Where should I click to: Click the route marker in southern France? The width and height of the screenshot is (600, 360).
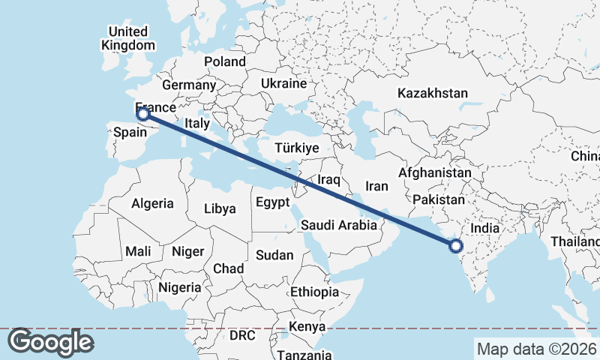[x=144, y=114]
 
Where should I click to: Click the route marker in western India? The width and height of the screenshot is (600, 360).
[x=454, y=244]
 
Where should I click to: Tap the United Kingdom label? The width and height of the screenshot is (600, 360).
[x=127, y=38]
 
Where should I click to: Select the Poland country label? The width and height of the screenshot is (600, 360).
[x=224, y=61]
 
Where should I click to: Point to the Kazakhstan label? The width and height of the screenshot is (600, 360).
[x=433, y=94]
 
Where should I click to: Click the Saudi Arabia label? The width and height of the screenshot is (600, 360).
[x=338, y=225]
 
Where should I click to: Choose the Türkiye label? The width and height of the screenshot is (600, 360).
[x=297, y=148]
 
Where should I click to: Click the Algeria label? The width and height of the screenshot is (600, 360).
[x=152, y=203]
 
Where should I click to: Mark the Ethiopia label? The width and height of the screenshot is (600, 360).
[x=314, y=292]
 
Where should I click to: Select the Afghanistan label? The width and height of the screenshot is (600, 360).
[x=435, y=173]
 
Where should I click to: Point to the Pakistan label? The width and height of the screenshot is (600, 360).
[x=439, y=200]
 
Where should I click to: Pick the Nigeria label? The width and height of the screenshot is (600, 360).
[x=179, y=287]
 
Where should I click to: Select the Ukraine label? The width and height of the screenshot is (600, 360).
[x=284, y=82]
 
